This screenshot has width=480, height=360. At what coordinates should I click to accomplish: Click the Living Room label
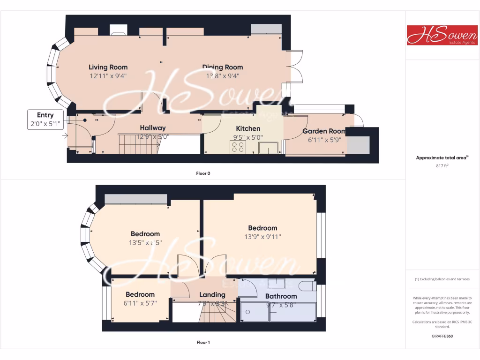(x=108, y=67)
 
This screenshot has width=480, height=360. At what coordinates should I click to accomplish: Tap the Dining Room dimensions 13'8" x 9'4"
(x=223, y=75)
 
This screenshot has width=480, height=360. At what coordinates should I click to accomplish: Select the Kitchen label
(x=248, y=128)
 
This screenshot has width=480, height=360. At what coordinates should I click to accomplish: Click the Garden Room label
(x=324, y=131)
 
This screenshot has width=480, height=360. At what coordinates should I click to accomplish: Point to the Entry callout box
(x=45, y=120)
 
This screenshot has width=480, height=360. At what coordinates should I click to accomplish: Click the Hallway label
(x=153, y=128)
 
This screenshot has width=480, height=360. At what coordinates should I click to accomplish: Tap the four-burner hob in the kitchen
(x=238, y=147)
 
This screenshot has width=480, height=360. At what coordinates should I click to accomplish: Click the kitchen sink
(x=268, y=148)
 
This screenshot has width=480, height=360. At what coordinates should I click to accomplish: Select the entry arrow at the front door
(x=64, y=136)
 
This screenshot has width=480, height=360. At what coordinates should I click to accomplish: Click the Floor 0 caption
(x=203, y=173)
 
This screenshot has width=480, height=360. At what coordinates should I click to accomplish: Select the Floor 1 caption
(x=203, y=342)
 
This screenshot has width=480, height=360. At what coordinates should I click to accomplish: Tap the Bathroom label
(x=281, y=296)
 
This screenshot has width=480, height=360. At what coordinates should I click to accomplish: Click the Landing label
(x=212, y=295)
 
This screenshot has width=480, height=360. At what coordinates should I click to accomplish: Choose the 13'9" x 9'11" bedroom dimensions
(x=263, y=237)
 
